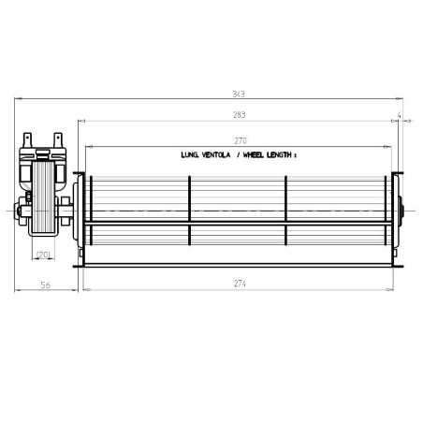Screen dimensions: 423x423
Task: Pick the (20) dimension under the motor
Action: tap(43, 253)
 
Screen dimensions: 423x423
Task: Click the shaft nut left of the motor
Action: tap(21, 209)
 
